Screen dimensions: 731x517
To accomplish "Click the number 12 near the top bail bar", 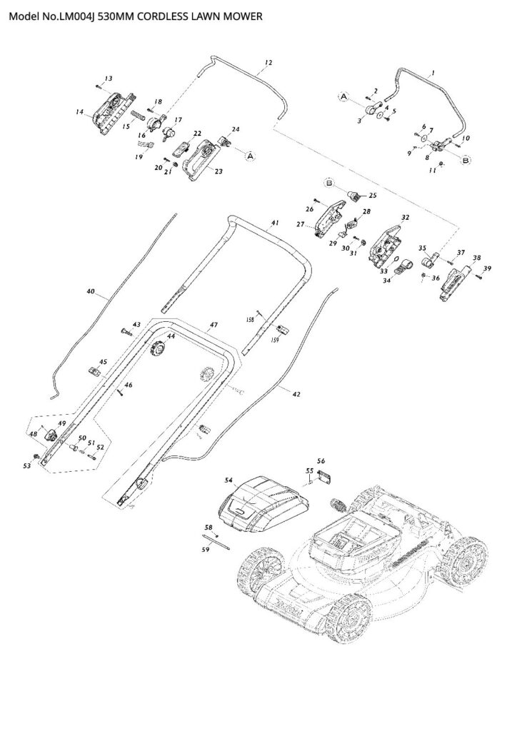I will (268, 63).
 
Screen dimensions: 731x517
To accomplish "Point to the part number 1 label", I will (431, 72).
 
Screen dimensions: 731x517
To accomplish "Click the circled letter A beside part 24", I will (251, 153).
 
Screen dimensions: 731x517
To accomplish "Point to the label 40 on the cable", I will (90, 291).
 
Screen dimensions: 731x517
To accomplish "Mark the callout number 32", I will (405, 217).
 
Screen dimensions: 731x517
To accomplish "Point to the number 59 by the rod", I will (205, 550).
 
